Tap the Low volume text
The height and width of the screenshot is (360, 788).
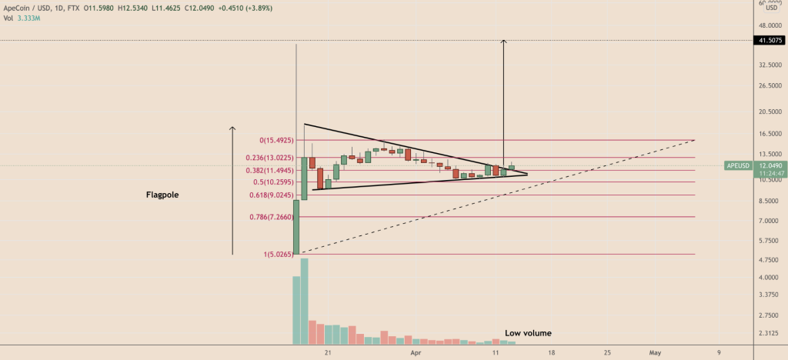coord(528,333)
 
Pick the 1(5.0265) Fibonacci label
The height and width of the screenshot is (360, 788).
coord(272,254)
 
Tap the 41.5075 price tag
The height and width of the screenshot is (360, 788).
coord(770,41)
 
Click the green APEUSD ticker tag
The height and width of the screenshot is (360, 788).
coord(739,165)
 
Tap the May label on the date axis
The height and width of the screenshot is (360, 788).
coord(655,352)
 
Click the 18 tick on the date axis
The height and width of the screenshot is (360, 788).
coord(551,352)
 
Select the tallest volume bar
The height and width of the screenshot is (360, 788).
coord(304,302)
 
